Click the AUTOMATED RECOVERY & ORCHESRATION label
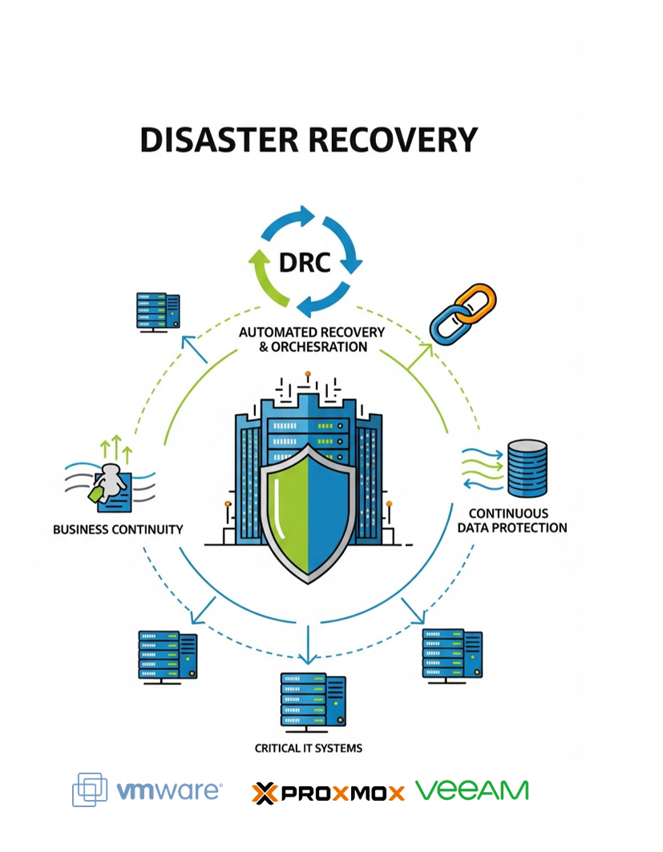pyautogui.click(x=312, y=339)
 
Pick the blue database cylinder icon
pyautogui.click(x=527, y=467)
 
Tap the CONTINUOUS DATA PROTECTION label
pyautogui.click(x=511, y=520)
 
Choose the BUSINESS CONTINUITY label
pyautogui.click(x=118, y=530)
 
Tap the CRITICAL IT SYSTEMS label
pyautogui.click(x=309, y=749)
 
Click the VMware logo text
pyautogui.click(x=169, y=791)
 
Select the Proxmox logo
pyautogui.click(x=328, y=793)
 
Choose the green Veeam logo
pyautogui.click(x=472, y=789)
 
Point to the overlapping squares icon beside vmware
pyautogui.click(x=90, y=789)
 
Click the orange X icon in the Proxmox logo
pyautogui.click(x=264, y=793)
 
